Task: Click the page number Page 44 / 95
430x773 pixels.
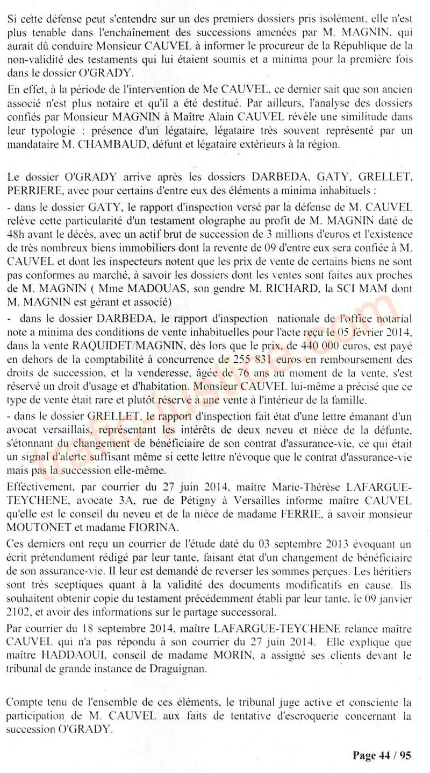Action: (382, 755)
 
